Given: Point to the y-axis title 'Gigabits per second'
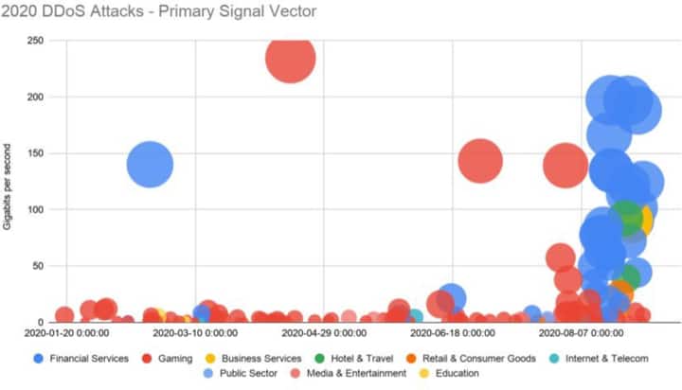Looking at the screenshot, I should pyautogui.click(x=9, y=181).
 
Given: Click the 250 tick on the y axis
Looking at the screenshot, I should pyautogui.click(x=36, y=41).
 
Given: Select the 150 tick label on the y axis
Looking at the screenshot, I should pyautogui.click(x=36, y=153).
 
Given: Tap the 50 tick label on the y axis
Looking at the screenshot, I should pyautogui.click(x=38, y=266).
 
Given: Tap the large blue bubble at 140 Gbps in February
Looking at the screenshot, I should pyautogui.click(x=150, y=165).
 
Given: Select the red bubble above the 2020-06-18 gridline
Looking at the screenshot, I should pyautogui.click(x=479, y=160).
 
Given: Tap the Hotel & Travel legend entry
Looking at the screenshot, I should pyautogui.click(x=362, y=359).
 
